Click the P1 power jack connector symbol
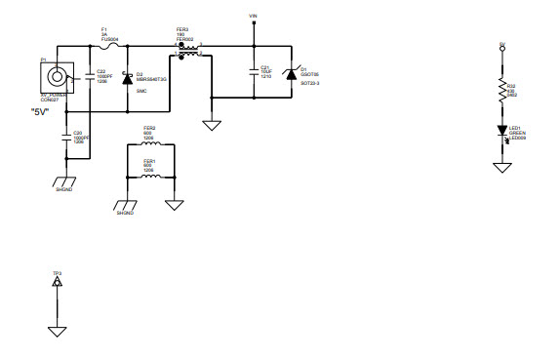click(x=58, y=76)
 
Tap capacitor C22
click(x=91, y=74)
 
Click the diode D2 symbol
click(x=127, y=75)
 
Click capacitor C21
click(x=254, y=72)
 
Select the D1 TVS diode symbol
click(x=290, y=73)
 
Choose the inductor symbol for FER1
click(x=149, y=177)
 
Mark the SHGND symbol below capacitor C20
click(x=65, y=182)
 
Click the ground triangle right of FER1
click(x=175, y=204)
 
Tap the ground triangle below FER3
click(x=209, y=125)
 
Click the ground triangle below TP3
click(x=58, y=331)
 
